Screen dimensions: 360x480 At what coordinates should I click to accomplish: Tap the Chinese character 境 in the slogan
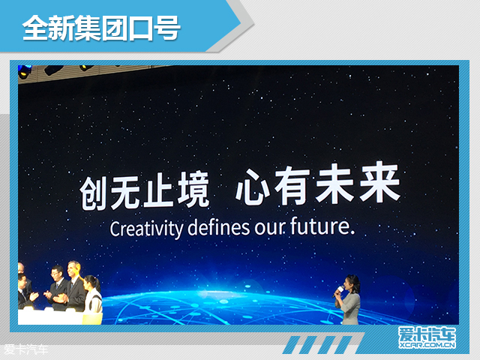(190, 191)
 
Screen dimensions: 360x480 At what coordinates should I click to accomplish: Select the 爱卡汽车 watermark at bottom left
(25, 348)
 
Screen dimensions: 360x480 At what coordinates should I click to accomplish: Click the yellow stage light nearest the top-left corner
(24, 73)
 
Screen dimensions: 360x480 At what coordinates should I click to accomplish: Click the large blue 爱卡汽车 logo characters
(424, 334)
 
